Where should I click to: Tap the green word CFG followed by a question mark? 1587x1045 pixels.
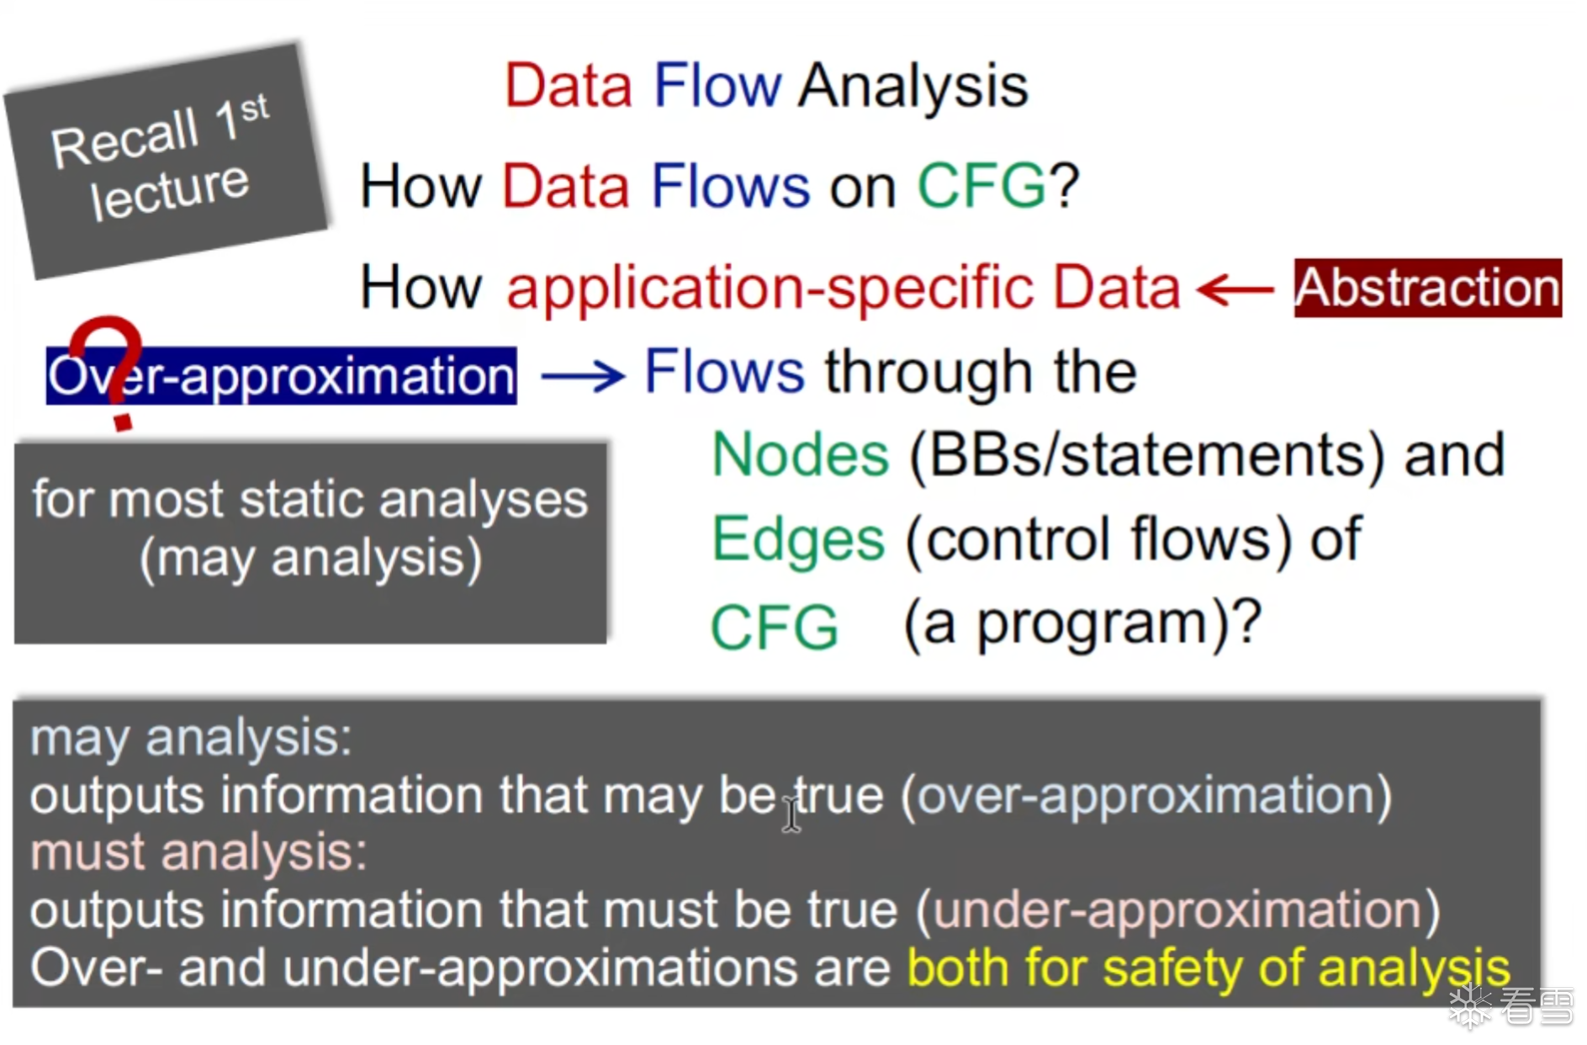click(x=981, y=187)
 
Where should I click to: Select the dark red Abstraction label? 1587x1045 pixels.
click(x=1427, y=288)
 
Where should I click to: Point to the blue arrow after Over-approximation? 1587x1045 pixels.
click(x=583, y=375)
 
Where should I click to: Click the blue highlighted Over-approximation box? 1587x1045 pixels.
click(x=281, y=375)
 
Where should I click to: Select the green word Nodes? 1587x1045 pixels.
click(x=799, y=455)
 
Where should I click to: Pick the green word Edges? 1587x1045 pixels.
click(x=797, y=539)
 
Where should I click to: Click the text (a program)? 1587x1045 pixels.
click(x=1083, y=624)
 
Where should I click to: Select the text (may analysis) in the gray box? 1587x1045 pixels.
click(x=310, y=559)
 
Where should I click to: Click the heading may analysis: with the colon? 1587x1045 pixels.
click(x=191, y=739)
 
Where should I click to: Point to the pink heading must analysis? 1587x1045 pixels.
click(x=198, y=852)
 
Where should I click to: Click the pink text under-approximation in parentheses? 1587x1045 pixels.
click(x=1177, y=910)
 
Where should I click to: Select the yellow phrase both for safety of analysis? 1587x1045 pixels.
click(x=1209, y=968)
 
